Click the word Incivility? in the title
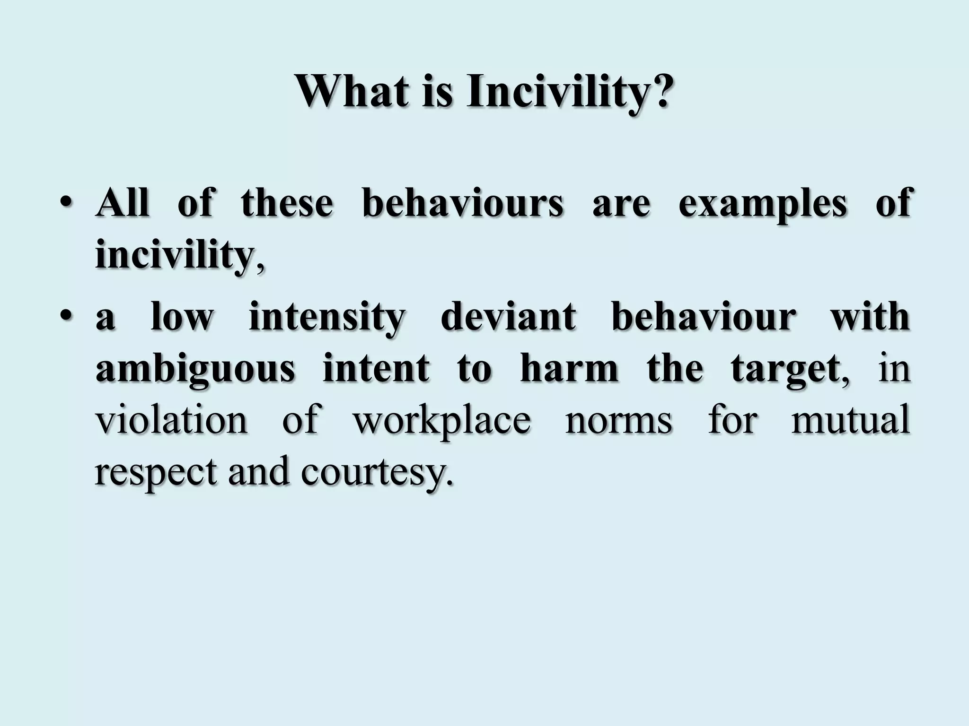click(568, 92)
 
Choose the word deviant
click(508, 318)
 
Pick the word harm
click(569, 369)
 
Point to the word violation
click(171, 420)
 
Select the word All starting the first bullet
click(122, 203)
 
